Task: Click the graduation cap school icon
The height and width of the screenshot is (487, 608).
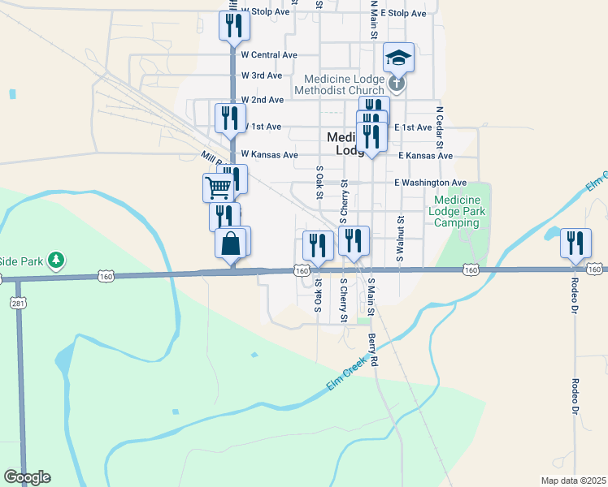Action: [x=398, y=58]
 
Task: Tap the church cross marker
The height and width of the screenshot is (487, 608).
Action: [x=396, y=82]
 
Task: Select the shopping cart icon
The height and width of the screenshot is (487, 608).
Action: [x=218, y=188]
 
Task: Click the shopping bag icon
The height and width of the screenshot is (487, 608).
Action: [x=232, y=243]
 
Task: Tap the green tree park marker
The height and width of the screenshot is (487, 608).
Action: [x=55, y=261]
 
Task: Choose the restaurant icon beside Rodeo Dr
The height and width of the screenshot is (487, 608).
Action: [x=575, y=243]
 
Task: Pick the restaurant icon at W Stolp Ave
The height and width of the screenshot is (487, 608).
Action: [x=234, y=25]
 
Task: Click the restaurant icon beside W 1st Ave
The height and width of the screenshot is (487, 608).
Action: [x=230, y=118]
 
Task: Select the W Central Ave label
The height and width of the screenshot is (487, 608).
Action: [x=269, y=55]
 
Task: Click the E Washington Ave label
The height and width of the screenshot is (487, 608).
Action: [x=430, y=183]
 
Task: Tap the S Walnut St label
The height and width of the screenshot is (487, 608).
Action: [x=400, y=238]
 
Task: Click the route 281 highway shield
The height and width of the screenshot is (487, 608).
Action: [x=16, y=303]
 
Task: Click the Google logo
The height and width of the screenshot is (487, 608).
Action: [x=27, y=477]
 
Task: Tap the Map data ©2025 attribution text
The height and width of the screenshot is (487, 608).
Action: [x=573, y=481]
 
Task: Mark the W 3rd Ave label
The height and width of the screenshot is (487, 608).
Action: [x=262, y=75]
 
